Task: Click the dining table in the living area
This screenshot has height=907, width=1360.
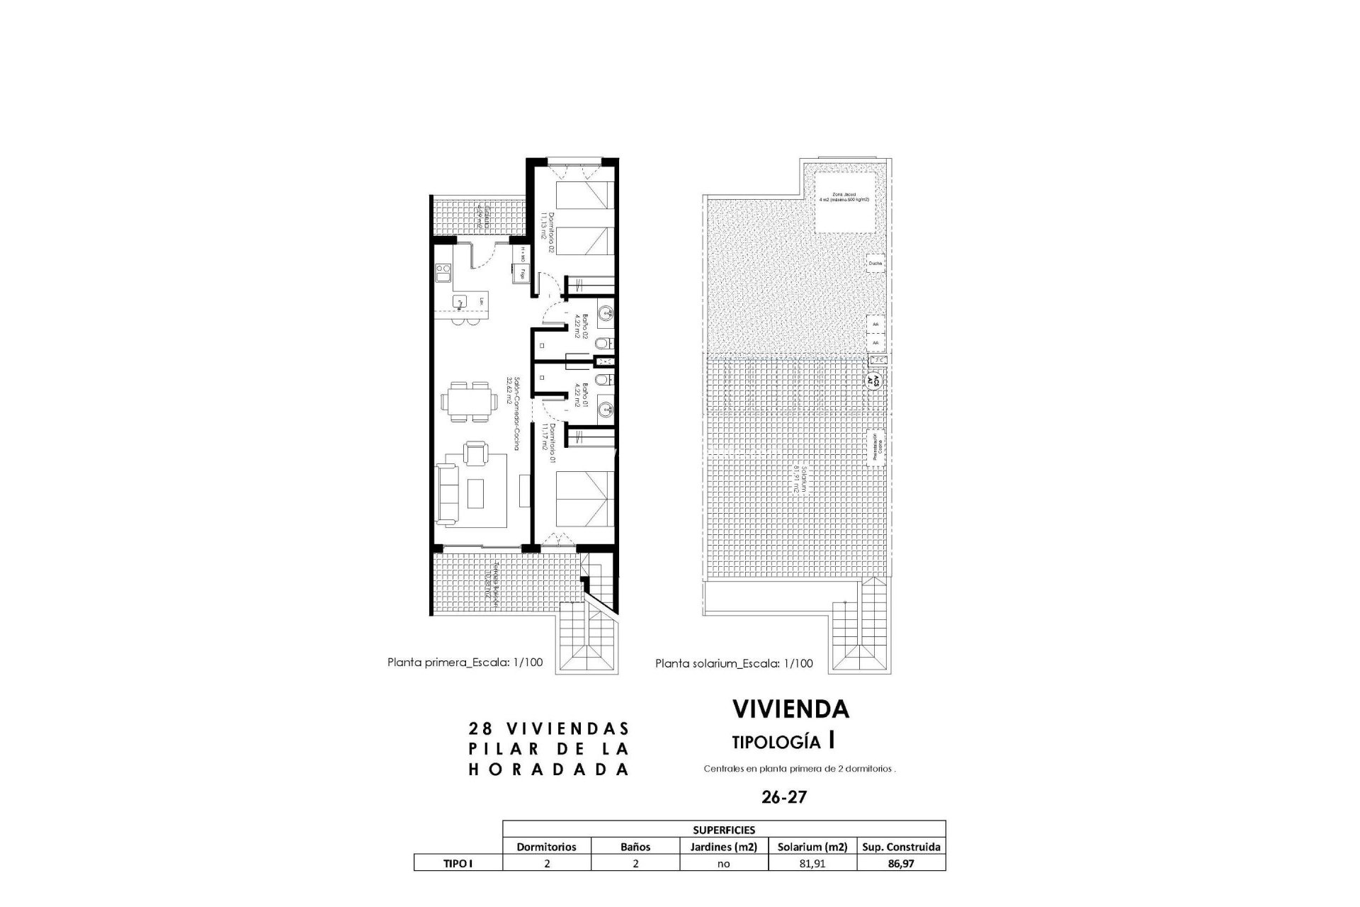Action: pos(467,402)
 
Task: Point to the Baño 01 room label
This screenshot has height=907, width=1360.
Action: pos(578,398)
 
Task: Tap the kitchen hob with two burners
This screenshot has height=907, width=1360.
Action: pos(443,272)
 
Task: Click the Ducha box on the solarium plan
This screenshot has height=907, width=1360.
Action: pos(875,264)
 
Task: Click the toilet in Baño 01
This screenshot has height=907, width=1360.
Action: pos(601,381)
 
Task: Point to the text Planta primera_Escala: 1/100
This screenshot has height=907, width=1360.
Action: pos(465,663)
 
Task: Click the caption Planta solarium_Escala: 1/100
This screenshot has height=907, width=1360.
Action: pos(734,664)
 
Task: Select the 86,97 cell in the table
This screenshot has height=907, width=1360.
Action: pos(901,864)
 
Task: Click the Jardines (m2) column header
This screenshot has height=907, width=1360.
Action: pos(723,846)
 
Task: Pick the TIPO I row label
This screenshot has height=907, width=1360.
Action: pos(458,864)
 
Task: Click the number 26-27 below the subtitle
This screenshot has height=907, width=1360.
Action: pos(784,797)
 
